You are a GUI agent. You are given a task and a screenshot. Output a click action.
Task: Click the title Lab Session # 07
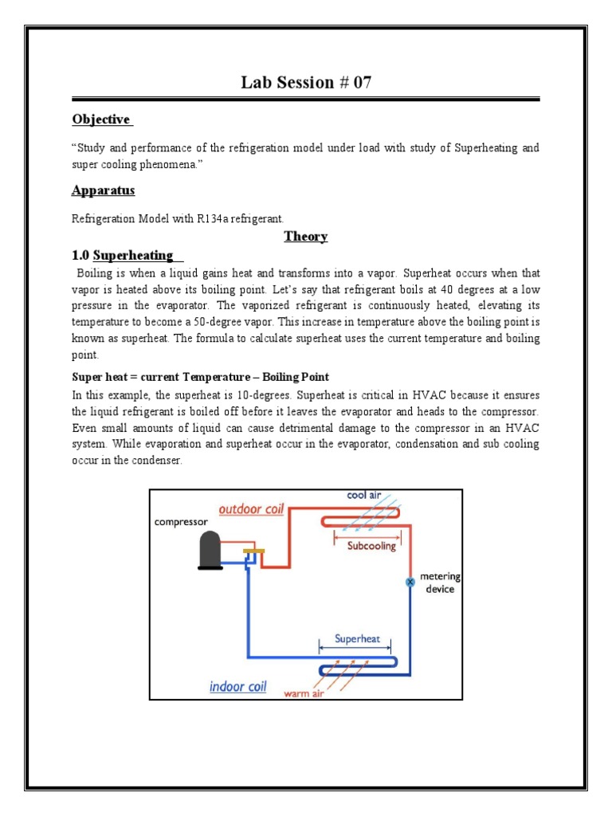306,82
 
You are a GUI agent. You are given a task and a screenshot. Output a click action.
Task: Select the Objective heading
100,120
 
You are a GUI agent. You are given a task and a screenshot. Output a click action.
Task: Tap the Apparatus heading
103,190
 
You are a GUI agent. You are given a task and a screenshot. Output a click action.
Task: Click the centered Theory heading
306,237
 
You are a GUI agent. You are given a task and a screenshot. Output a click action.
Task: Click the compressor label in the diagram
181,522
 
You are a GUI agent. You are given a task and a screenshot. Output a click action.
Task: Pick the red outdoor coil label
251,509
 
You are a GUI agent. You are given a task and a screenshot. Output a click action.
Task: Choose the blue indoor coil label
237,686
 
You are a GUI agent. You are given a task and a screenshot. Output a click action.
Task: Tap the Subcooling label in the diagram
371,547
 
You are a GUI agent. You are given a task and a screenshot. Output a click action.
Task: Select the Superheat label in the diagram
358,638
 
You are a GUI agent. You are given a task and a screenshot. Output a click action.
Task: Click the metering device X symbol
410,583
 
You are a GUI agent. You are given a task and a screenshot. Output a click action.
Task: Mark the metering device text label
440,583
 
